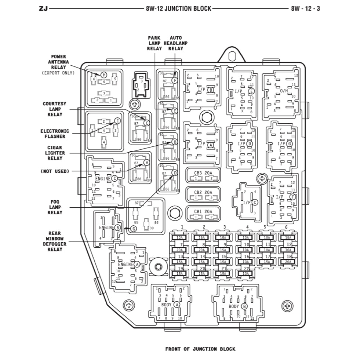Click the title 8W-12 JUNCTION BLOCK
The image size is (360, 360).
pos(179,8)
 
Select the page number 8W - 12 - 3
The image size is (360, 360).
pos(305,8)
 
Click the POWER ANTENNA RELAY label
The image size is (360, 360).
pos(59,62)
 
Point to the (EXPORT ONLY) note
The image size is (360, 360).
pos(58,73)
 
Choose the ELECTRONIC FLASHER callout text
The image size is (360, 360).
pos(55,134)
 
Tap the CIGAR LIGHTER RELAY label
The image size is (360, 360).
pos(54,153)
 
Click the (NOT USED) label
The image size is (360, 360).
pos(55,171)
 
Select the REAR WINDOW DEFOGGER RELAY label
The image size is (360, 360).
pos(54,241)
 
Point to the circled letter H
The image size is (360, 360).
pos(104,74)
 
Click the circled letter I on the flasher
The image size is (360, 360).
pos(117,120)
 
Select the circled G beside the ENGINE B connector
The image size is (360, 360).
pos(134,229)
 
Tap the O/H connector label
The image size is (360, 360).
pos(284,90)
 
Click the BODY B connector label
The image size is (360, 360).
pos(238,306)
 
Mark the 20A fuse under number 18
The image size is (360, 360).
pos(288,262)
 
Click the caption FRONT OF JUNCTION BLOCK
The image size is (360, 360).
pos(200,349)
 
